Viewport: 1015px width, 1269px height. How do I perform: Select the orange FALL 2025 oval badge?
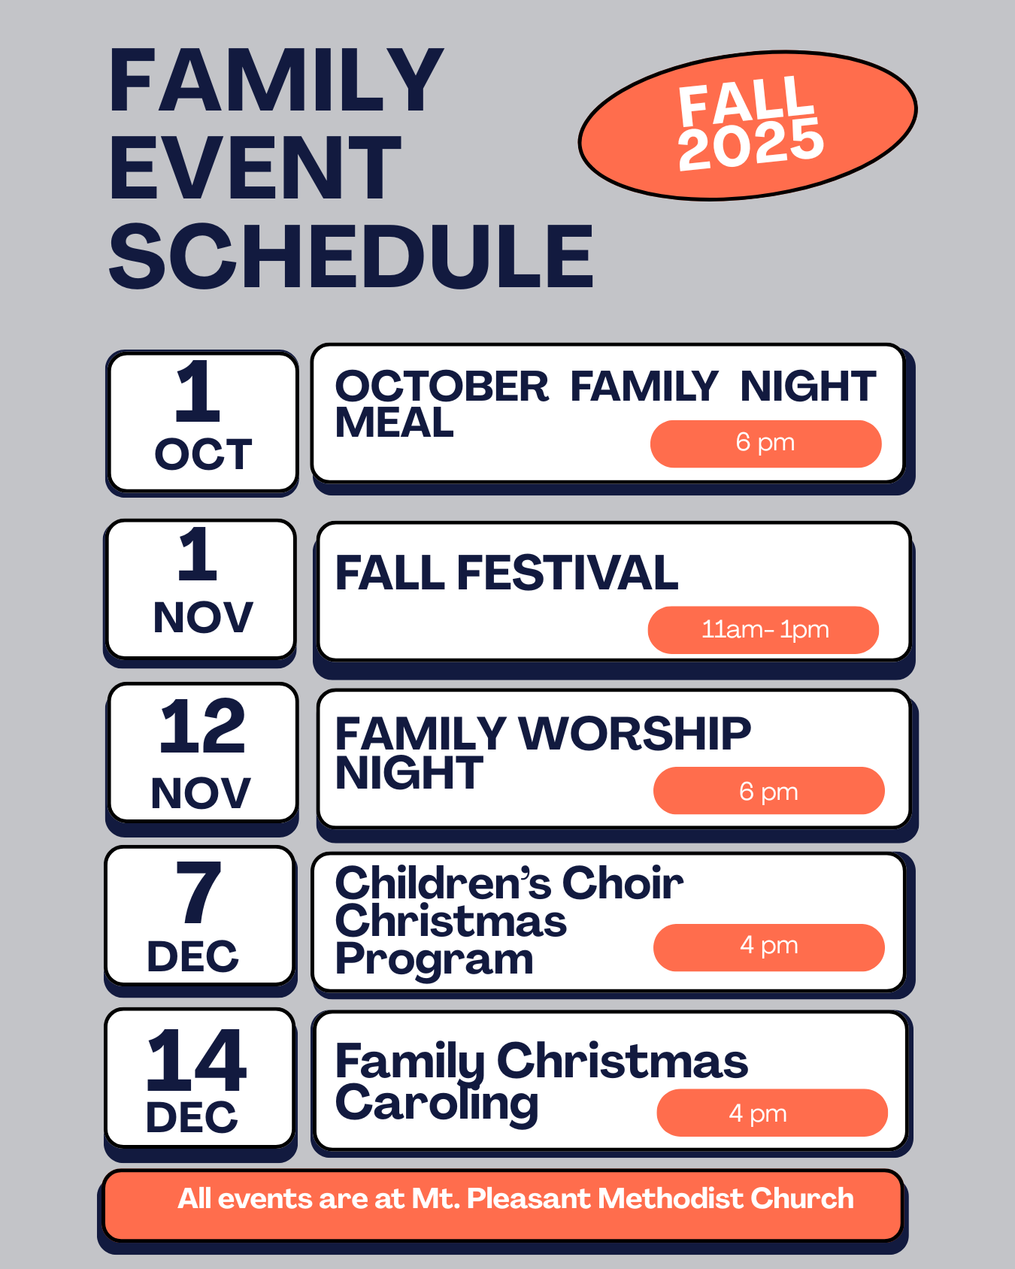747,126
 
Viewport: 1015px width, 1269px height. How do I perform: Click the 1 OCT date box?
203,422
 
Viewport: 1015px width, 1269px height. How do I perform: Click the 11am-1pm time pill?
763,629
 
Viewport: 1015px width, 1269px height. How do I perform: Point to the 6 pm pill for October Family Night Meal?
765,444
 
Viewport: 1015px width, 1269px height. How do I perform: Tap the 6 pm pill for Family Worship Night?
768,791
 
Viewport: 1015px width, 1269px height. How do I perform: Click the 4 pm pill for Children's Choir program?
768,947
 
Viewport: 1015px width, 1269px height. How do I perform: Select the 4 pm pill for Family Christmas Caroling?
772,1113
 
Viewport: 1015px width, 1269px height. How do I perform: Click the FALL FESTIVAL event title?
506,573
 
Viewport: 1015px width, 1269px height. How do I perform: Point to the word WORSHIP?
635,733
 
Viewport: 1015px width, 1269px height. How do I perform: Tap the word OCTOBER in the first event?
442,386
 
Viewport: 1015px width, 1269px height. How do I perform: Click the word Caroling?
437,1104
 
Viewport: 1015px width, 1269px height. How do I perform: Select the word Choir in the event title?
623,883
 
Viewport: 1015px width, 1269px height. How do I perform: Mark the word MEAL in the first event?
395,422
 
